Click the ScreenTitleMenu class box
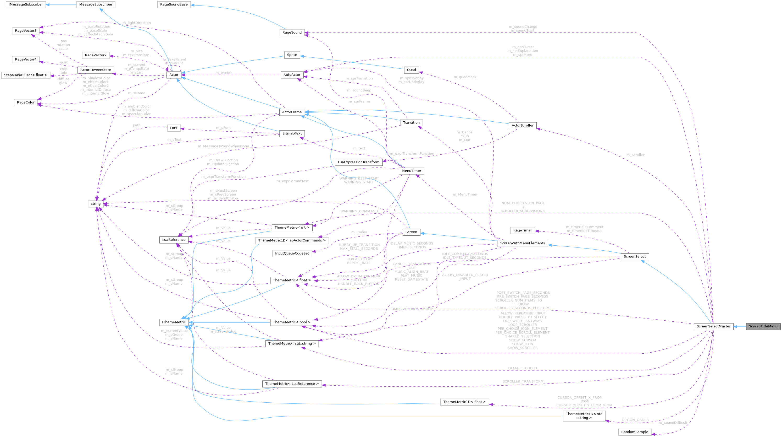click(763, 326)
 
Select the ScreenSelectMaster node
click(713, 326)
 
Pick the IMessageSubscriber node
click(26, 4)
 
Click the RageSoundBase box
click(174, 4)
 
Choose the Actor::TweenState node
click(96, 70)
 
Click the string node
click(96, 204)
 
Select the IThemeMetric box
click(174, 322)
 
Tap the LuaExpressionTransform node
click(358, 162)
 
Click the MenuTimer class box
click(411, 171)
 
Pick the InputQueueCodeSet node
click(292, 253)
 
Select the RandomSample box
click(634, 432)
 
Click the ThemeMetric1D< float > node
click(464, 402)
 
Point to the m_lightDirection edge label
click(137, 23)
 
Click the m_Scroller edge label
click(635, 155)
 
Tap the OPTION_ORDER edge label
click(635, 420)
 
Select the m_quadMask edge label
click(465, 77)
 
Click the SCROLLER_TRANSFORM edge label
click(523, 381)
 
